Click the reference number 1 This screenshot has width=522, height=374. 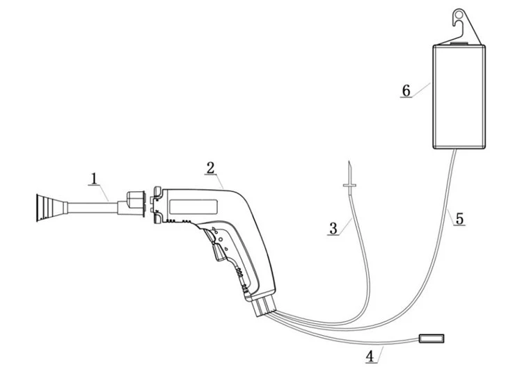pos(94,179)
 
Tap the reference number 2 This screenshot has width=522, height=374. pos(210,168)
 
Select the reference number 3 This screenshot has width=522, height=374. pos(333,229)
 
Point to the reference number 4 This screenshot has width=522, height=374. pos(370,357)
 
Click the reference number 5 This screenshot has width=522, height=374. pos(459,219)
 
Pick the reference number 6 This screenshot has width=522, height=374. pos(406,90)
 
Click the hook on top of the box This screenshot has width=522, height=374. pos(464,26)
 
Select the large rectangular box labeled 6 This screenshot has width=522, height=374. pos(459,97)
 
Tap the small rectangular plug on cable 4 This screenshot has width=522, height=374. pos(432,339)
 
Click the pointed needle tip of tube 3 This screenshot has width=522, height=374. pos(349,161)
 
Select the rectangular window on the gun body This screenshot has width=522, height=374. pos(193,206)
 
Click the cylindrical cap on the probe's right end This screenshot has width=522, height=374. pos(136,203)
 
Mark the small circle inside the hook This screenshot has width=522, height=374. pos(459,15)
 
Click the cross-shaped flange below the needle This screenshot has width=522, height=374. pos(349,184)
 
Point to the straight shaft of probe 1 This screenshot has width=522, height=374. pos(92,208)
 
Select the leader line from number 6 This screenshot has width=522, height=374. pos(420,90)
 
